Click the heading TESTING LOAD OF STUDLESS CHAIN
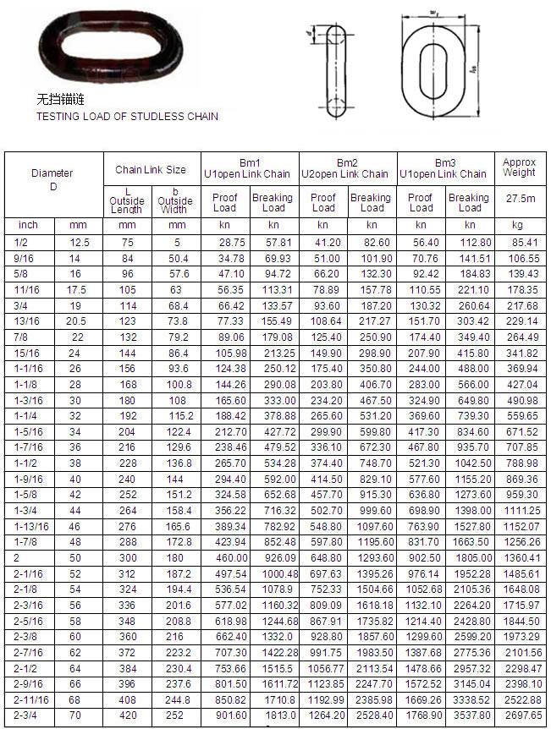pyautogui.click(x=127, y=116)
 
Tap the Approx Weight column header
pyautogui.click(x=519, y=167)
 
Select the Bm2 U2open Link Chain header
pyautogui.click(x=347, y=167)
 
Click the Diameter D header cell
pyautogui.click(x=52, y=179)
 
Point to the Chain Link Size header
pyautogui.click(x=151, y=170)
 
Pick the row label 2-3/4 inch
pyautogui.click(x=23, y=715)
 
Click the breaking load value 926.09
pyautogui.click(x=274, y=558)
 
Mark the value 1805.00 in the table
pyautogui.click(x=471, y=558)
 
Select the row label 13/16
pyautogui.click(x=25, y=321)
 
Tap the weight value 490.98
pyautogui.click(x=523, y=400)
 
